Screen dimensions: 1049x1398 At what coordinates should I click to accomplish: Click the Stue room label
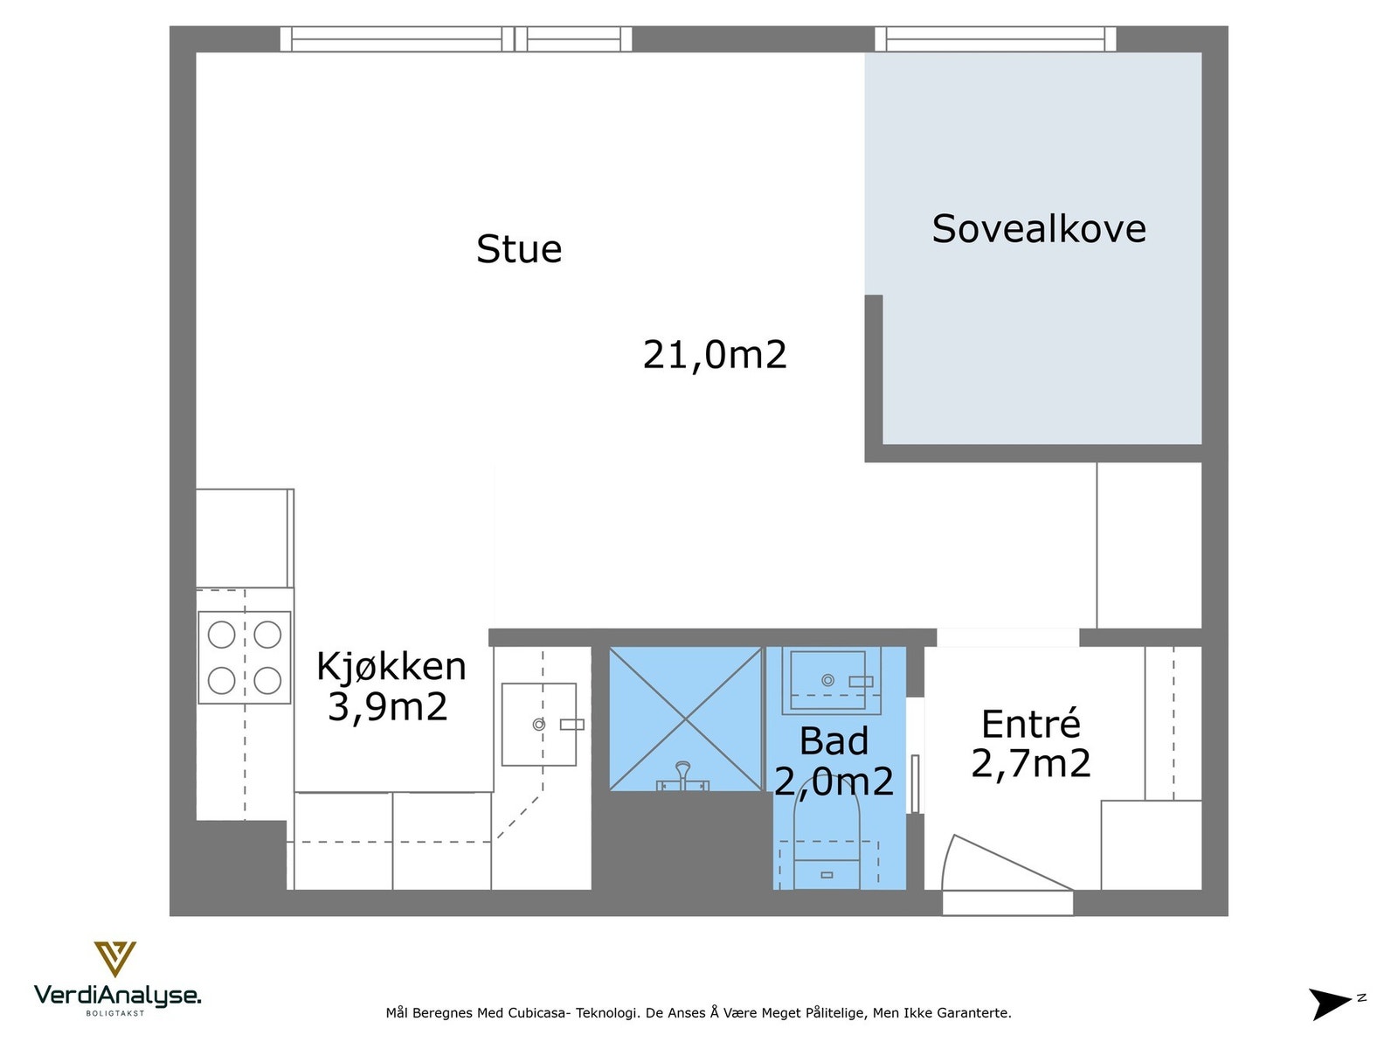[x=519, y=249]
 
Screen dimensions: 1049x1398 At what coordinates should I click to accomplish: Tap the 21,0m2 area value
[x=715, y=355]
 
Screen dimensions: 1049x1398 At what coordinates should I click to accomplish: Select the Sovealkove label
[x=1038, y=229]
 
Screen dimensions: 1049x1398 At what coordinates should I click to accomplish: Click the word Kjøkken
[x=391, y=667]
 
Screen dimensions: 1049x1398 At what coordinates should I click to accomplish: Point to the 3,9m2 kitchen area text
[x=387, y=707]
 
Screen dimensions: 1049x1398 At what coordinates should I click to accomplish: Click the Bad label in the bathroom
[x=834, y=742]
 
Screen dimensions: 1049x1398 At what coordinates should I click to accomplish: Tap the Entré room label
[x=1030, y=725]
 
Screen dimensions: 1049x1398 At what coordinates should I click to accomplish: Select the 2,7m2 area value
[x=1030, y=764]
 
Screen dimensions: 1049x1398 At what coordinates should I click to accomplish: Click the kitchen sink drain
[x=539, y=725]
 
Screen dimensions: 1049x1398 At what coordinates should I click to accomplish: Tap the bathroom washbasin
[x=827, y=680]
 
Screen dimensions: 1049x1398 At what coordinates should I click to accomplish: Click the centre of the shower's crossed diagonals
[x=686, y=719]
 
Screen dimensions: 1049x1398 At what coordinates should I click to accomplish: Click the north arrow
[x=1330, y=1004]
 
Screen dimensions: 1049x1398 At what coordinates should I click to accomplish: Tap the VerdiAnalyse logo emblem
[x=115, y=958]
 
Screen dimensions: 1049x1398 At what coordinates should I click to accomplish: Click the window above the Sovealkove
[x=995, y=39]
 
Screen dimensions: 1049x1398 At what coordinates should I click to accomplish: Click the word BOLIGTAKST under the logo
[x=114, y=1013]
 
